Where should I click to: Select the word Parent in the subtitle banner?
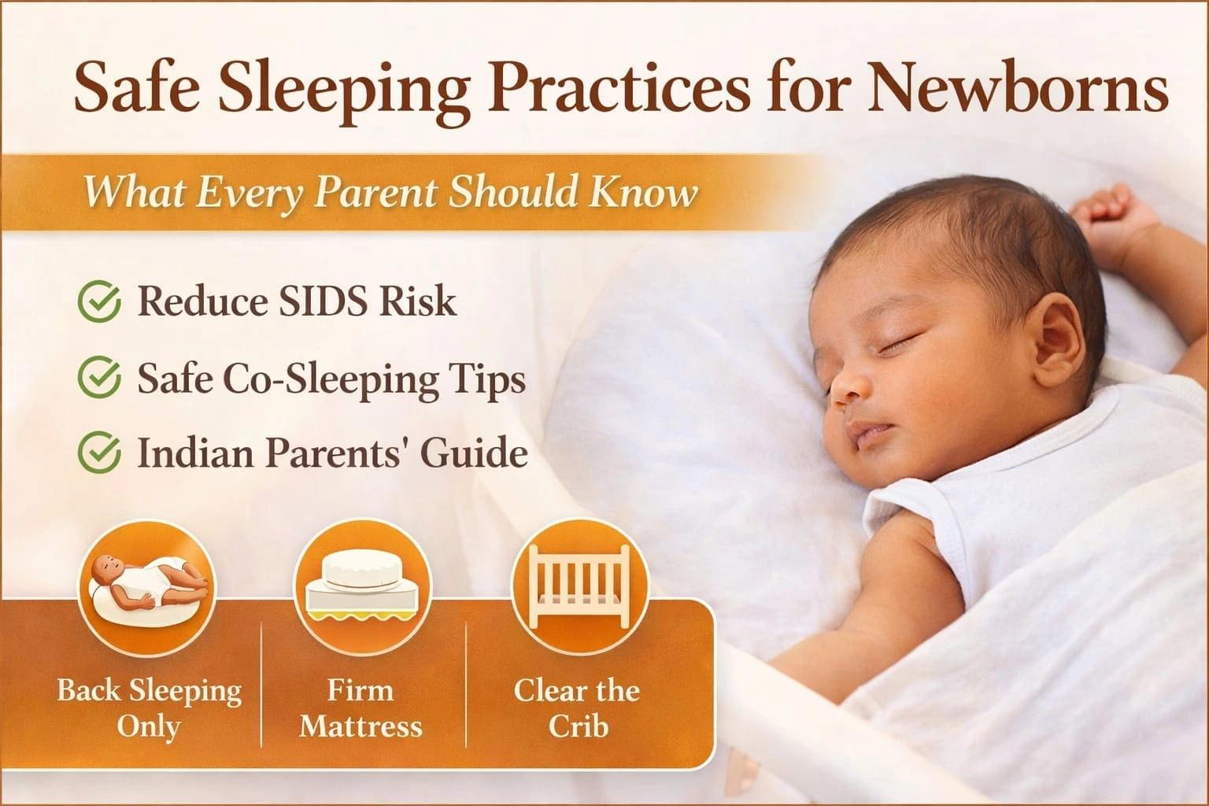[x=377, y=192]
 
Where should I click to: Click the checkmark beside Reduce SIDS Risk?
[x=99, y=303]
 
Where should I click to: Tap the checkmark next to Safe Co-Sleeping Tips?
[x=99, y=379]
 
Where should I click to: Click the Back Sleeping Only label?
[x=148, y=708]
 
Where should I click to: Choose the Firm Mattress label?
[x=360, y=708]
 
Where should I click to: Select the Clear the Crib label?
[x=577, y=708]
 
